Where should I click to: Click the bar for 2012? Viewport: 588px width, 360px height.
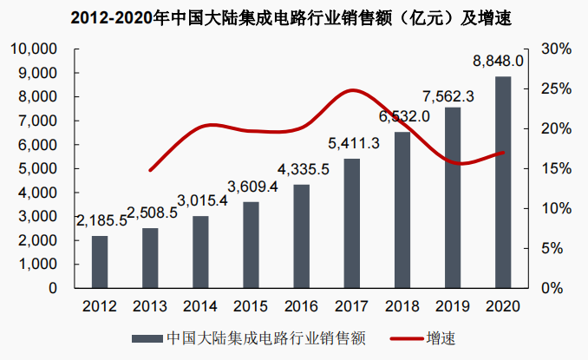click(x=100, y=261)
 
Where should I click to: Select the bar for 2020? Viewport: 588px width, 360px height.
click(x=502, y=182)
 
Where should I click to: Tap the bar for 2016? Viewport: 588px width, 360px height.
click(x=301, y=236)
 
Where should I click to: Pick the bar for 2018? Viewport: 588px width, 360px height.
click(x=402, y=210)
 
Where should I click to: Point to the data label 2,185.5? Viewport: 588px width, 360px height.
click(x=100, y=221)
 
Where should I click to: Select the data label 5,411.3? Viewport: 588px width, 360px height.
click(x=354, y=143)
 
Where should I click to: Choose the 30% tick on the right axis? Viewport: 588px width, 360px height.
click(x=552, y=49)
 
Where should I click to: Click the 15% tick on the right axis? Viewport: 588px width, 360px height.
click(x=552, y=168)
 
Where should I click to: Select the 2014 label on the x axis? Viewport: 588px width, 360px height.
click(x=200, y=306)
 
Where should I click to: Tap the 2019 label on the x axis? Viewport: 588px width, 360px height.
click(x=452, y=306)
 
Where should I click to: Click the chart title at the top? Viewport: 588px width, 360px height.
click(x=293, y=16)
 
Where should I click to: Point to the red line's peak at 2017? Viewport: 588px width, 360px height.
click(x=352, y=90)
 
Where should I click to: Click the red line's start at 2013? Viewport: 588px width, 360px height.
click(x=150, y=170)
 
